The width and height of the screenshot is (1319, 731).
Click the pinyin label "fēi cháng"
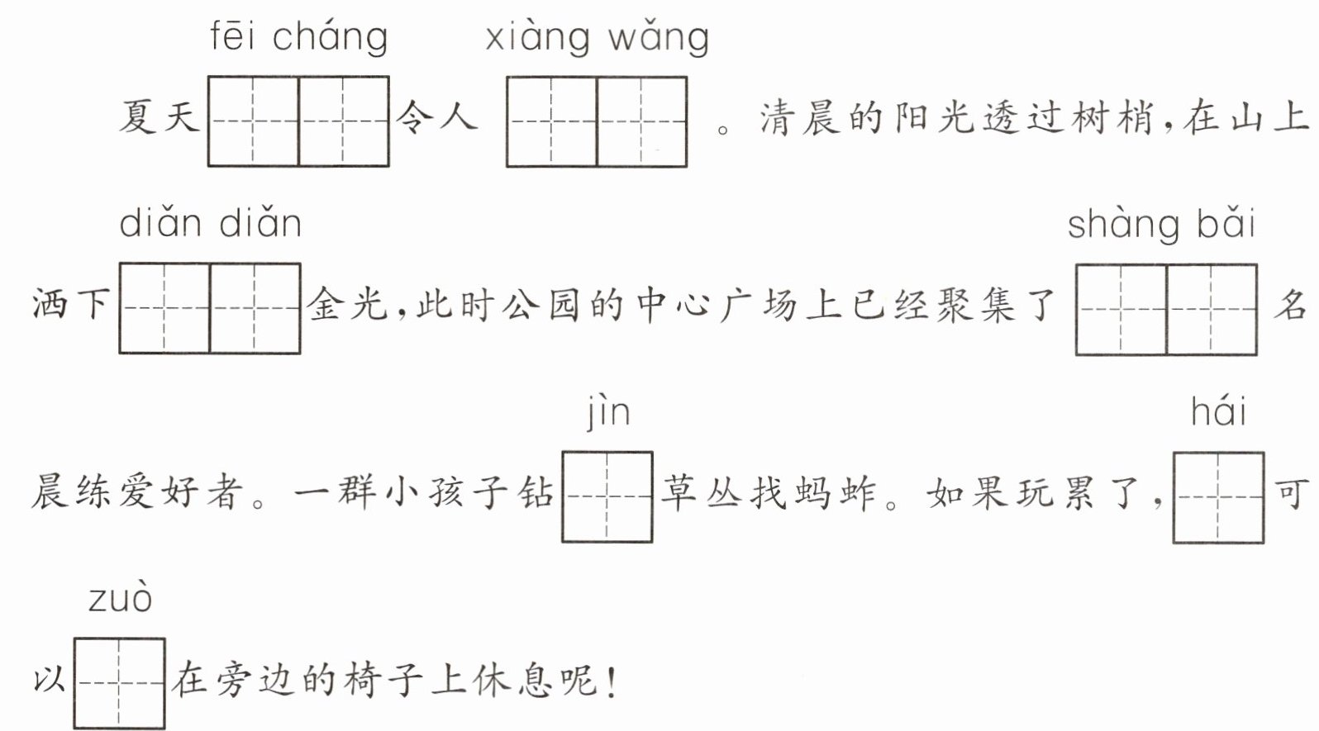pyautogui.click(x=298, y=38)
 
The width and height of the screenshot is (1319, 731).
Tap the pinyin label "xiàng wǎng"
pyautogui.click(x=597, y=38)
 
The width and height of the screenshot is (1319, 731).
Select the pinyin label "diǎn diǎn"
pyautogui.click(x=211, y=224)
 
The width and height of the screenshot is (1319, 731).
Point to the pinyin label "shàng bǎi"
pyautogui.click(x=1161, y=225)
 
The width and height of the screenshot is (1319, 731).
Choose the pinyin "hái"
pyautogui.click(x=1218, y=411)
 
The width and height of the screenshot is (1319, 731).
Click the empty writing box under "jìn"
pyautogui.click(x=607, y=496)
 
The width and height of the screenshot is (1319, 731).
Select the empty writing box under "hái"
pyautogui.click(x=1218, y=496)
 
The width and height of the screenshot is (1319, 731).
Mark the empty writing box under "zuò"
pyautogui.click(x=119, y=683)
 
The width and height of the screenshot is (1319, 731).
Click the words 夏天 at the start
pyautogui.click(x=160, y=117)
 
